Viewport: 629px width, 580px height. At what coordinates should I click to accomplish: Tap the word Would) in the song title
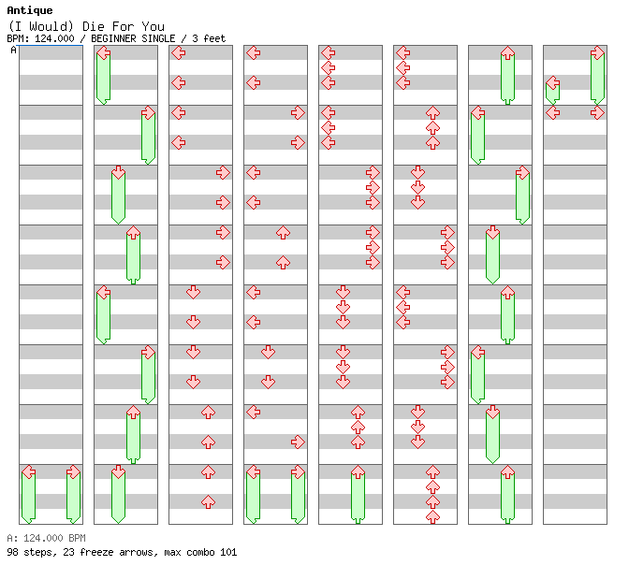[48, 26]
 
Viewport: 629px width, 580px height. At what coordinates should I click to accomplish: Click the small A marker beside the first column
[14, 51]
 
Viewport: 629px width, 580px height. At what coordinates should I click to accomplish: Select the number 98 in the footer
[12, 552]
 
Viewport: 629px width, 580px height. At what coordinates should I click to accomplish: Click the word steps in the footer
[37, 552]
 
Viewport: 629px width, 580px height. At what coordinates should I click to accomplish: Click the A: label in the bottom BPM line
[12, 538]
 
